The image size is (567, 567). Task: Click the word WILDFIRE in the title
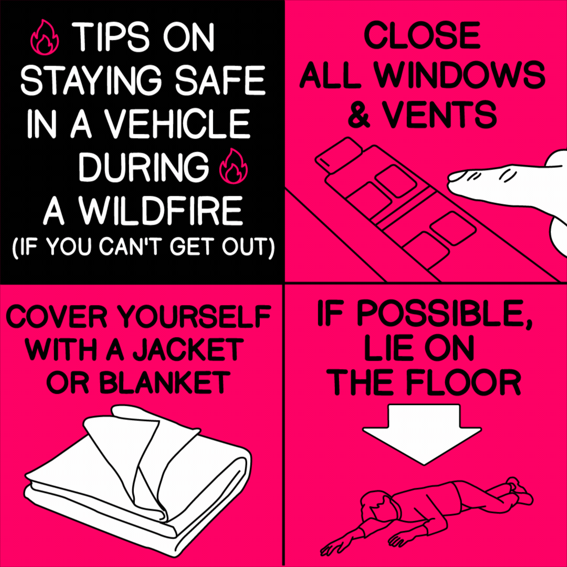tap(161, 211)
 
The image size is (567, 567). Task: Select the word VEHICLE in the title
tap(177, 124)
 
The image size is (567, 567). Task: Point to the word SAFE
tap(220, 80)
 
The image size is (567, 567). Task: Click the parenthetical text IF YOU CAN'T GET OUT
tap(143, 247)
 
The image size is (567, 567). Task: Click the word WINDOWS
tap(459, 75)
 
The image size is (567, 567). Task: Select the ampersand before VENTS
tap(359, 114)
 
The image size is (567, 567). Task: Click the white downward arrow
tap(423, 434)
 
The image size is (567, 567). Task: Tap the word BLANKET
tap(165, 382)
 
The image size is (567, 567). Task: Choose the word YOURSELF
tap(193, 317)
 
